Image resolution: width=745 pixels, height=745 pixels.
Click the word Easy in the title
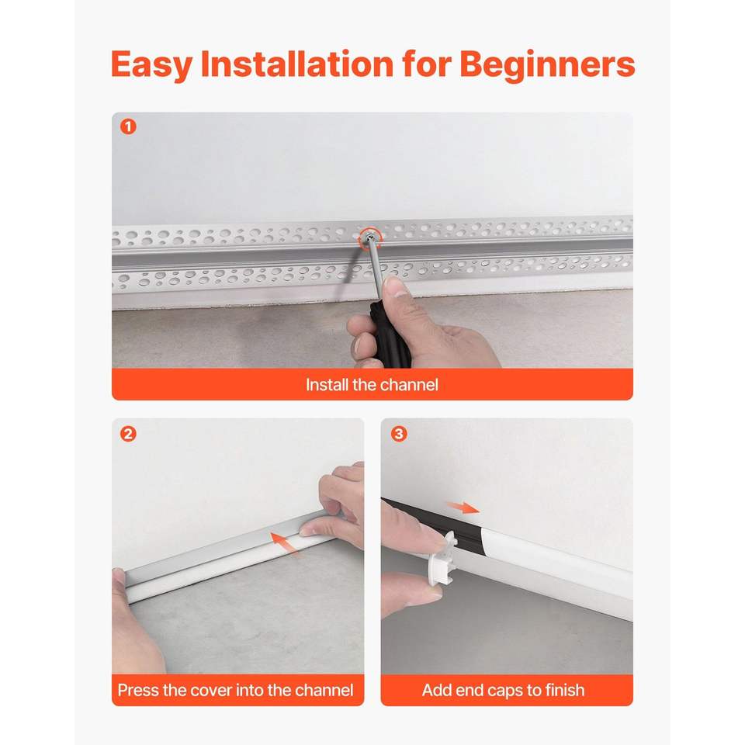[151, 65]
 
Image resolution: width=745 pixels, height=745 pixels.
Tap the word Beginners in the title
[547, 65]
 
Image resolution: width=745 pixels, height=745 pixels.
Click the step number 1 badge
[128, 126]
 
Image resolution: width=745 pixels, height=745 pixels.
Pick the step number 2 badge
[128, 434]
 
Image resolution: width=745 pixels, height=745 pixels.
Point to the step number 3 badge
[399, 434]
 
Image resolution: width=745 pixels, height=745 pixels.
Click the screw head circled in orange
[370, 237]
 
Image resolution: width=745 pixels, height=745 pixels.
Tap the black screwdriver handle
[390, 335]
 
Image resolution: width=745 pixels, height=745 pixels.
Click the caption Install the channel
[372, 384]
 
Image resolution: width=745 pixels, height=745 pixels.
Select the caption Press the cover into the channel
[235, 690]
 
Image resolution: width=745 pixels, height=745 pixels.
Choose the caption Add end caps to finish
[503, 690]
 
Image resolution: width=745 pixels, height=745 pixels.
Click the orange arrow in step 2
[285, 542]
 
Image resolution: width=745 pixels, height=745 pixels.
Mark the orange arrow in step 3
[463, 508]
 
